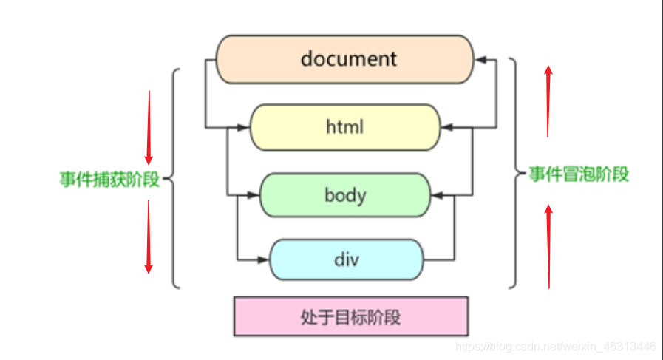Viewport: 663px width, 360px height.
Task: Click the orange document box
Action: [344, 58]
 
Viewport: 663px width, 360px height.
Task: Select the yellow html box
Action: [344, 127]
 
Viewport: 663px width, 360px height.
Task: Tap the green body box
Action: [344, 195]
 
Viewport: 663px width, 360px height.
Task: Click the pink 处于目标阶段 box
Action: [351, 317]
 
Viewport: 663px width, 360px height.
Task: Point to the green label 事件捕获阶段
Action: [109, 180]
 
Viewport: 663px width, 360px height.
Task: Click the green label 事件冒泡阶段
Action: [579, 174]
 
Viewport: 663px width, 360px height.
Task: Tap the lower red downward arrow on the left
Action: [149, 237]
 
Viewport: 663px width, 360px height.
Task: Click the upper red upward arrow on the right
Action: [548, 100]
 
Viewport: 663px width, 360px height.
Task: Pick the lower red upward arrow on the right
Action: [548, 245]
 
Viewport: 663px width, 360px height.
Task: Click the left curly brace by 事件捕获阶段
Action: [173, 178]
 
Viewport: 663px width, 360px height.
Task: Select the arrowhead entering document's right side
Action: [480, 59]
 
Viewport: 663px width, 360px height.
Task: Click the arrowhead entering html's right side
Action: [446, 128]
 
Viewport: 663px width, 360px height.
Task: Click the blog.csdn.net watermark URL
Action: [556, 346]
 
